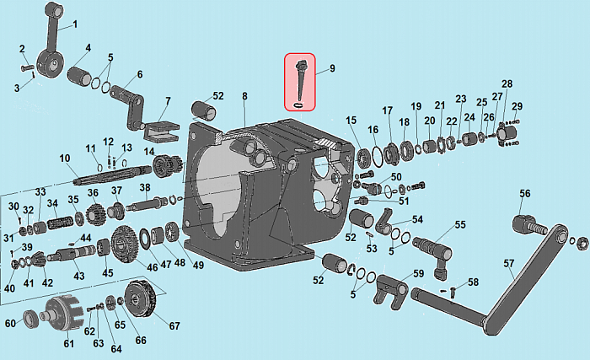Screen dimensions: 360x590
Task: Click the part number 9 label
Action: pyautogui.click(x=332, y=68)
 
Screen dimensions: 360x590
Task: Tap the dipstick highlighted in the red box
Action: pyautogui.click(x=302, y=79)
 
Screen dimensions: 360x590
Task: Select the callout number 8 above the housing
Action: pyautogui.click(x=244, y=97)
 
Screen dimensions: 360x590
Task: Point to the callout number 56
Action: pyautogui.click(x=525, y=194)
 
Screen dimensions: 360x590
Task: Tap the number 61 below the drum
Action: pyautogui.click(x=69, y=342)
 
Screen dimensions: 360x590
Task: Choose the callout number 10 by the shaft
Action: pyautogui.click(x=64, y=159)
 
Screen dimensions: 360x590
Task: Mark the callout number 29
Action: pyautogui.click(x=517, y=106)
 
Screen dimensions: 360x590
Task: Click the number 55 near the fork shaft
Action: pyautogui.click(x=460, y=225)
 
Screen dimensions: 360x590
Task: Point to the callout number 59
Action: pyautogui.click(x=419, y=273)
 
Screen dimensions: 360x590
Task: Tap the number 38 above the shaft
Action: pyautogui.click(x=145, y=187)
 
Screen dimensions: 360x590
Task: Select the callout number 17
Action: pyautogui.click(x=388, y=110)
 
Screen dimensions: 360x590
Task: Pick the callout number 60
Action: pyautogui.click(x=11, y=324)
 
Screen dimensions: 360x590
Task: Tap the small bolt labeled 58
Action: pyautogui.click(x=453, y=292)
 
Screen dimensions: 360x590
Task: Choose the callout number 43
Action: pyautogui.click(x=78, y=277)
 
